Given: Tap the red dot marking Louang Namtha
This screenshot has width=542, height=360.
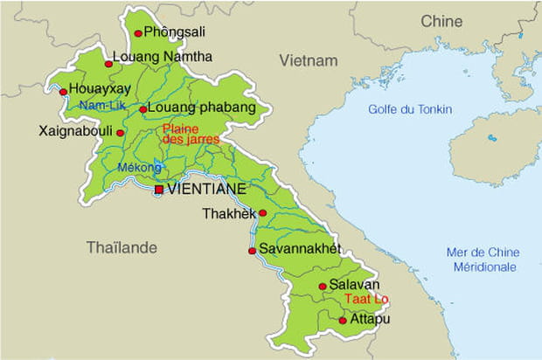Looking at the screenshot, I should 109,64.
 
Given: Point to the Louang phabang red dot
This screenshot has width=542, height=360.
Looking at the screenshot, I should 143,110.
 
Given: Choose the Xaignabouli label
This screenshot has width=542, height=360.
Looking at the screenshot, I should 75,132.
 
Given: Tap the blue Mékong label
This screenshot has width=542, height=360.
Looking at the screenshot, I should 140,168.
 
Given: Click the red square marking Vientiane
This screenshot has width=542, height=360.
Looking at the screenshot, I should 158,190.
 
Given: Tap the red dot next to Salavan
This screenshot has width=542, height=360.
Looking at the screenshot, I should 323,287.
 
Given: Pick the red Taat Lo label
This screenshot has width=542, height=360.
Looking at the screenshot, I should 366,299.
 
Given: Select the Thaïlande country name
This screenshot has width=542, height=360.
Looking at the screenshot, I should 122,248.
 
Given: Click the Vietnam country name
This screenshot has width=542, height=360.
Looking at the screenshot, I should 308,60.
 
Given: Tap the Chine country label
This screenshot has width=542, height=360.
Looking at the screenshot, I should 441,21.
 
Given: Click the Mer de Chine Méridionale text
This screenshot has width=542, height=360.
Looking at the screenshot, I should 481,260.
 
